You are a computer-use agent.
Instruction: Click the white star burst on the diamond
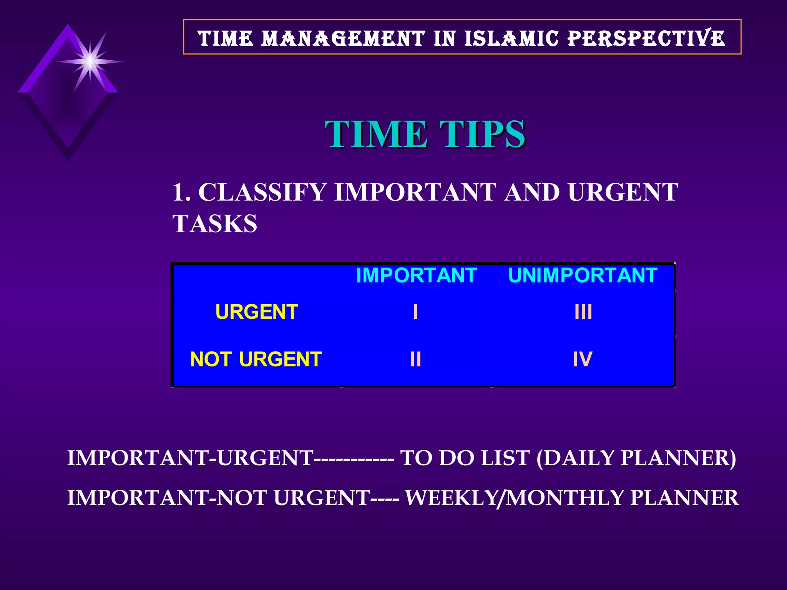point(90,61)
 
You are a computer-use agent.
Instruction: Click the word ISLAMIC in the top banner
point(511,38)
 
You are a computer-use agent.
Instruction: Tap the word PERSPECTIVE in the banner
point(646,38)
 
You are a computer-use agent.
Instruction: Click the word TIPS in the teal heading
point(482,134)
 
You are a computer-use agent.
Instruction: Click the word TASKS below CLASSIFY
point(215,224)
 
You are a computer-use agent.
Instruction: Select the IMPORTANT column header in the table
point(416,275)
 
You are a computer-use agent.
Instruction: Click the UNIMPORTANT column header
point(583,275)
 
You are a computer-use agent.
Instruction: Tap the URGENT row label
point(257,312)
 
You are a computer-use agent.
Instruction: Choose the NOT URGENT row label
point(256,360)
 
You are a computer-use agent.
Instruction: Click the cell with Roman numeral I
point(415,312)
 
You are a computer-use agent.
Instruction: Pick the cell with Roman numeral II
point(415,360)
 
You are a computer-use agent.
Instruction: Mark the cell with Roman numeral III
point(583,312)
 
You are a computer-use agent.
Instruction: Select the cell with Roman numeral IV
point(583,360)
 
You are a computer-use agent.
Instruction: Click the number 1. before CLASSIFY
point(181,192)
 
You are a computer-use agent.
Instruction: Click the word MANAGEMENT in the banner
point(343,38)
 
